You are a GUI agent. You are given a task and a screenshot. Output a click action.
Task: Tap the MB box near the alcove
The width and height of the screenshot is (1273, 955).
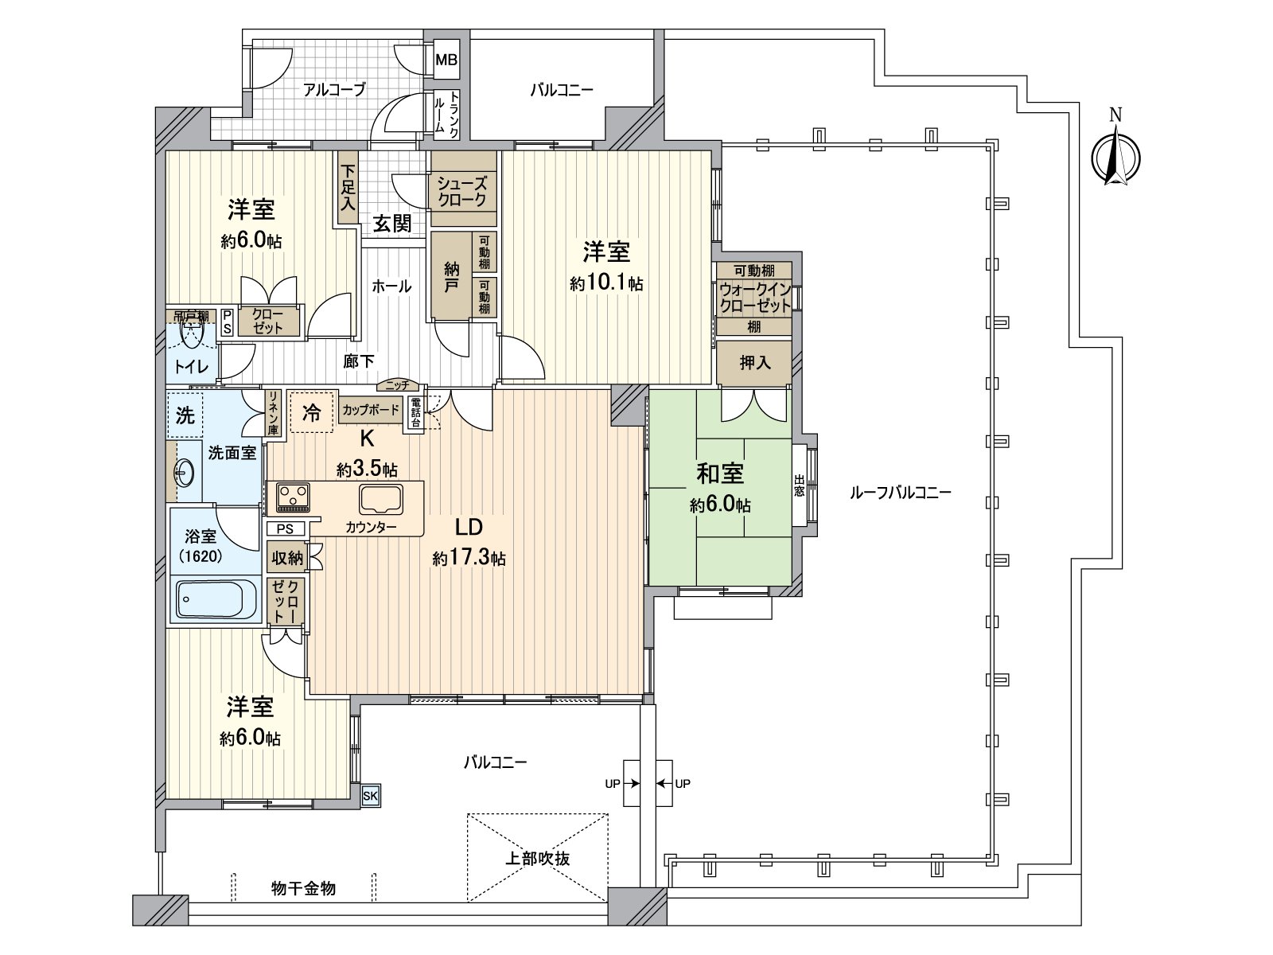click(446, 60)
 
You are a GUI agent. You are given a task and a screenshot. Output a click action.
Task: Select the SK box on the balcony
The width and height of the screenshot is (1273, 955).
click(371, 795)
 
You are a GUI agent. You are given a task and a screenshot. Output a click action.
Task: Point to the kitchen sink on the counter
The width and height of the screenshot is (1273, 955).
click(381, 499)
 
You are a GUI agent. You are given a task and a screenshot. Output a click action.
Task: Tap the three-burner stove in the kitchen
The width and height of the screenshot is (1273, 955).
click(293, 498)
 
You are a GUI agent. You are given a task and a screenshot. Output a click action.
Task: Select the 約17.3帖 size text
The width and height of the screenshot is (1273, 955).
click(469, 559)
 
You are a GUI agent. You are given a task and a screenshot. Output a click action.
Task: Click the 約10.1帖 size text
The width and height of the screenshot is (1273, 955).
click(606, 283)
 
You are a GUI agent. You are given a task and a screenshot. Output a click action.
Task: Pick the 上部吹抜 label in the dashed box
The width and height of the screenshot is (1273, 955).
click(538, 859)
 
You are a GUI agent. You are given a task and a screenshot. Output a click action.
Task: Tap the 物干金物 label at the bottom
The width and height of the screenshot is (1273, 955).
click(303, 888)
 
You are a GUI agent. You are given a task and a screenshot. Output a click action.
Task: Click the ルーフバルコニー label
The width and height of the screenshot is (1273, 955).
click(900, 493)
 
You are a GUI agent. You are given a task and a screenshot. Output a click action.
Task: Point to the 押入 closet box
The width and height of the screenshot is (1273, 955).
click(754, 363)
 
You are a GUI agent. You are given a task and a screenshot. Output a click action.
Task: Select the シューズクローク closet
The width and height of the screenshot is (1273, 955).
click(462, 191)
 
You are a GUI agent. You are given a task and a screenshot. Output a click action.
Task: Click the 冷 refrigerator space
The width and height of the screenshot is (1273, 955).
click(312, 412)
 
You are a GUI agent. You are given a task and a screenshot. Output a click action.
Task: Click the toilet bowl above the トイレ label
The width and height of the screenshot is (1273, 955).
click(192, 334)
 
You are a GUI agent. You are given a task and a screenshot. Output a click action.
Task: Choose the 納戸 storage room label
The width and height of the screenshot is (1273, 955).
click(451, 276)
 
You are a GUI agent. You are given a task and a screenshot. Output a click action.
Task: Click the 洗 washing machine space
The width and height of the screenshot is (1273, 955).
click(185, 415)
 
